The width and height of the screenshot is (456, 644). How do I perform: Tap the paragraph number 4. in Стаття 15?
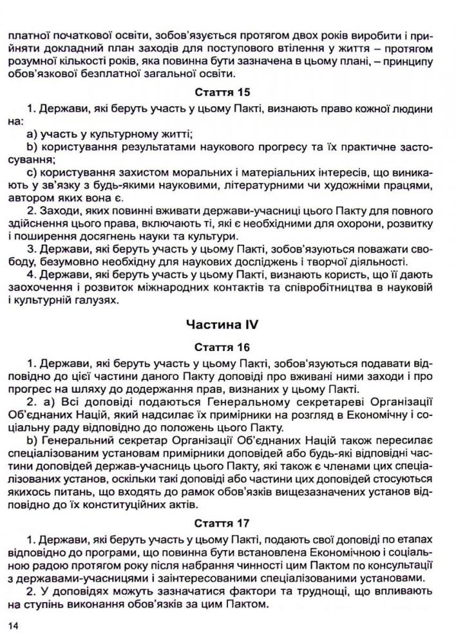coord(32,276)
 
